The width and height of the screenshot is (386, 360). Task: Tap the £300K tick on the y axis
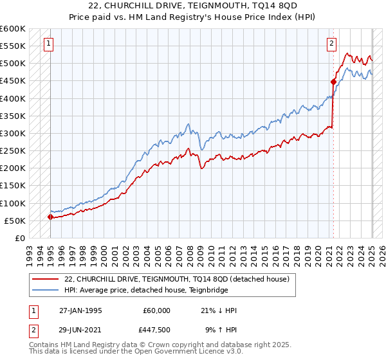(x=13, y=133)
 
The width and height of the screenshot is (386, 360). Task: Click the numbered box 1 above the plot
(x=50, y=44)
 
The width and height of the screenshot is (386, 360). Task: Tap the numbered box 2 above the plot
(x=331, y=44)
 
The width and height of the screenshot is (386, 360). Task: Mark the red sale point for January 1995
(x=51, y=217)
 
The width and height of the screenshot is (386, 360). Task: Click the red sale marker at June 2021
(x=333, y=82)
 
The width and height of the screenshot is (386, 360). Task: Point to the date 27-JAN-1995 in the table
(x=80, y=310)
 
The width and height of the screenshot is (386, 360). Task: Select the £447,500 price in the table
(x=156, y=330)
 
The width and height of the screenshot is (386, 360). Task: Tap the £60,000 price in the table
(x=156, y=310)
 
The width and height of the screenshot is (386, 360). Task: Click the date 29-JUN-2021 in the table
(x=80, y=330)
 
